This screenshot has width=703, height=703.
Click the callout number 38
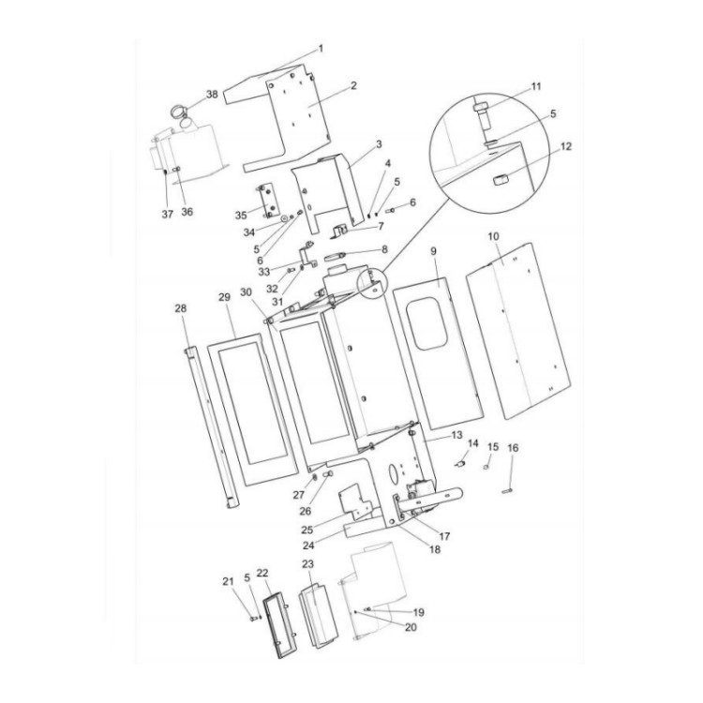point(212,95)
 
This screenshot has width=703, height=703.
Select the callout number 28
point(181,307)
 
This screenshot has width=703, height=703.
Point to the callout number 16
point(512,449)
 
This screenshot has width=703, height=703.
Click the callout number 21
point(227,582)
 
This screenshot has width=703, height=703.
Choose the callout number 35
point(241,215)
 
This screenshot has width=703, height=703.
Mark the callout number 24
point(336,544)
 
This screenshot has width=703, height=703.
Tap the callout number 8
point(383,249)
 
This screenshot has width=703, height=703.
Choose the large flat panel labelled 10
point(518,328)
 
